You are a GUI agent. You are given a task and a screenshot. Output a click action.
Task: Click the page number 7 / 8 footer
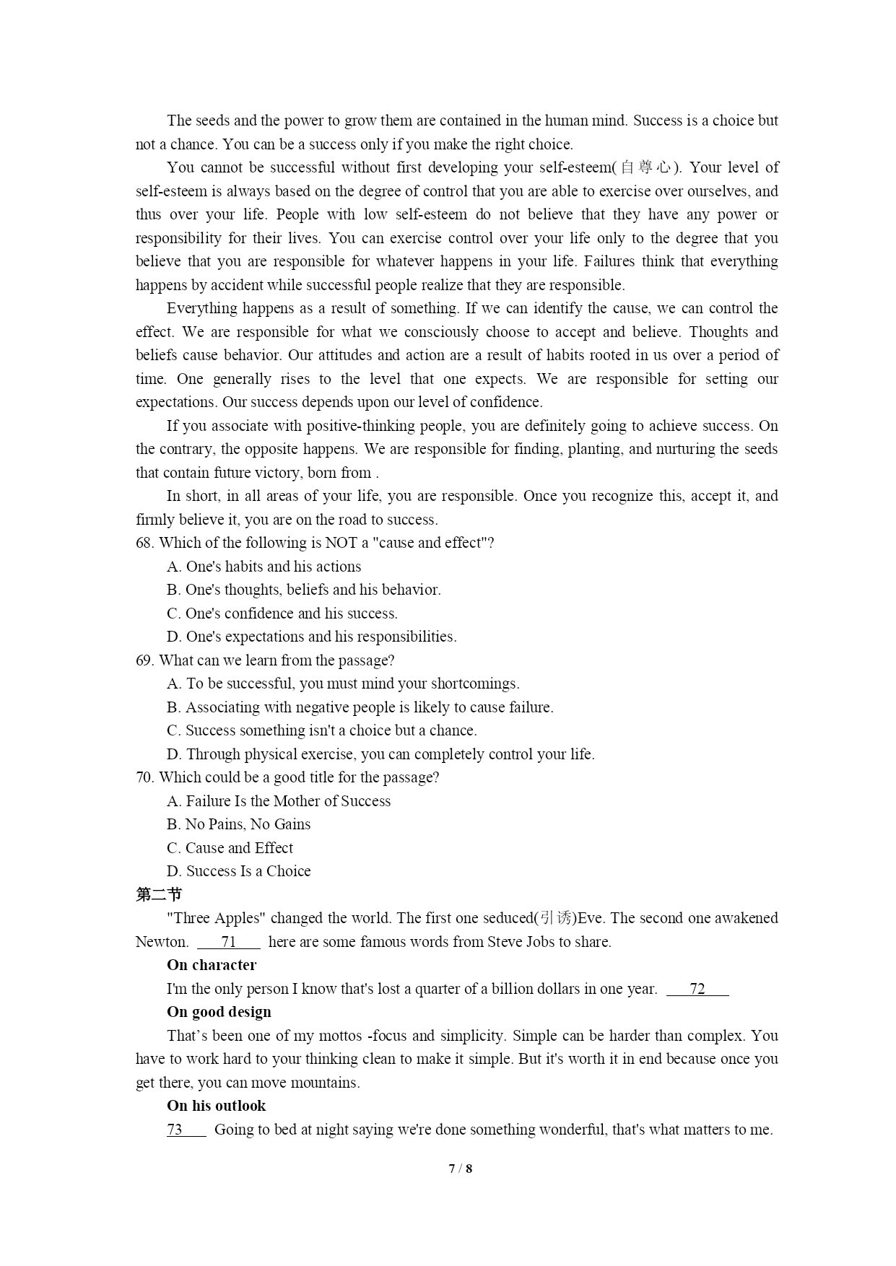(460, 1169)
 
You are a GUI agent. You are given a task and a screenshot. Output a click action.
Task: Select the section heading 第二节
(159, 895)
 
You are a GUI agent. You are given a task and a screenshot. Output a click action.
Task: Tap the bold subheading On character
(212, 965)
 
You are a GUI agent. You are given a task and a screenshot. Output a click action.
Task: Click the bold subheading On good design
(219, 1012)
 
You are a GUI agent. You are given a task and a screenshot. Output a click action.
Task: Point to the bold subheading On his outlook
(216, 1106)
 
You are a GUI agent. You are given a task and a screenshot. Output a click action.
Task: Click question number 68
(144, 543)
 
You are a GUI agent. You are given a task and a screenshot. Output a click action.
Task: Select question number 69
(144, 660)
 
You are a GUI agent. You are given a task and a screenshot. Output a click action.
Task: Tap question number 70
(144, 777)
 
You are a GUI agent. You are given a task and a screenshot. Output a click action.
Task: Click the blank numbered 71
(228, 942)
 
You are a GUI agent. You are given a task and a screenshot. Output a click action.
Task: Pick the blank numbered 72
(697, 989)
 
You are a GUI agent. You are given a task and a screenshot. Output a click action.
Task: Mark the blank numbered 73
(175, 1130)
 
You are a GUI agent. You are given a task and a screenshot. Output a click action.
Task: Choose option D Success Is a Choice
(239, 871)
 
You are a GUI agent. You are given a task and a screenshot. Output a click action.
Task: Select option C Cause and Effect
(230, 848)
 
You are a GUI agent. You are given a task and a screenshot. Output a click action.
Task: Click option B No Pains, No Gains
(239, 824)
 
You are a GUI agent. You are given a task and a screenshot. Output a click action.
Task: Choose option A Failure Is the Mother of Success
(279, 801)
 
